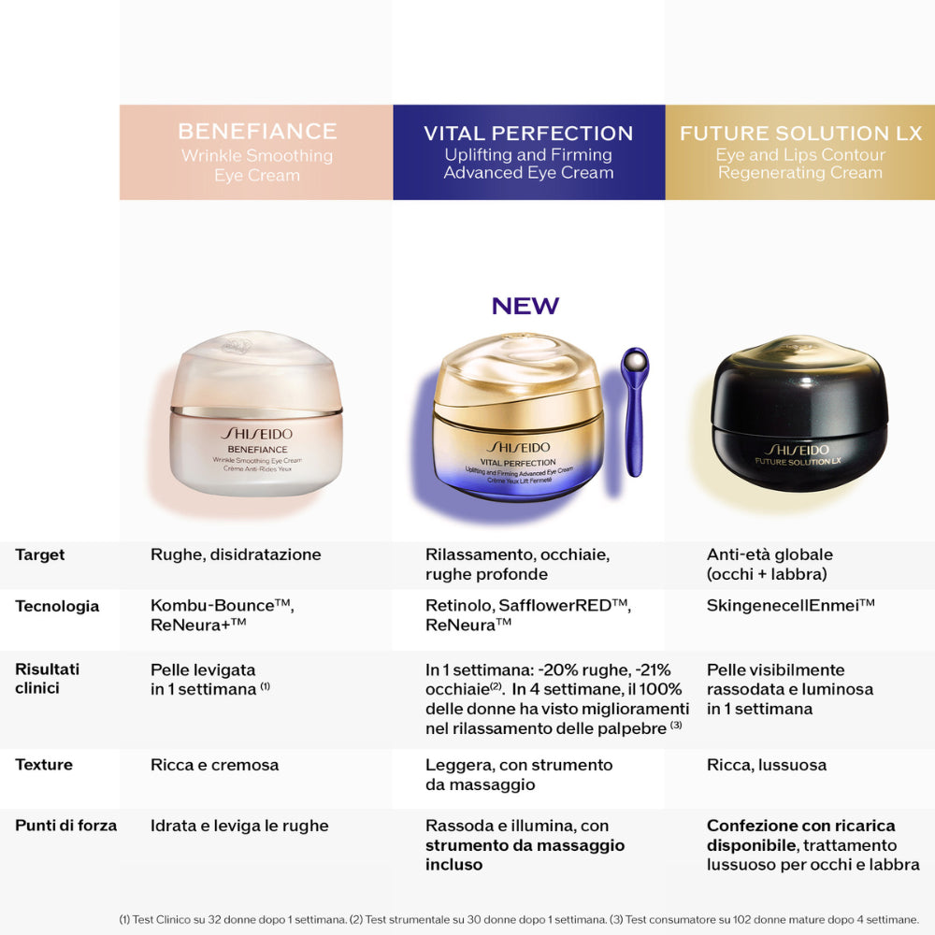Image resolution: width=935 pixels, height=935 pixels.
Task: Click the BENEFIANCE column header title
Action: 257,131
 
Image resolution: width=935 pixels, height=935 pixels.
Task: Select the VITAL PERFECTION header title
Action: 528,133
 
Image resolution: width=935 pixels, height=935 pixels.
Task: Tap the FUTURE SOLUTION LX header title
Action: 800,133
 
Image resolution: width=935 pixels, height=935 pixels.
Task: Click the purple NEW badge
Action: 525,306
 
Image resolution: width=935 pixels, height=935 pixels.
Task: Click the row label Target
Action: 40,554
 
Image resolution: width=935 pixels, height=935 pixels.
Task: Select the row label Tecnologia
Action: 57,606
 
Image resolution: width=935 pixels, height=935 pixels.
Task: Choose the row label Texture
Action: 44,765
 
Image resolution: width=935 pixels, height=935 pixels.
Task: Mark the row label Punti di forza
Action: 66,826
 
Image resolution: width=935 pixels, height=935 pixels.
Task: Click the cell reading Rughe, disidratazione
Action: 236,554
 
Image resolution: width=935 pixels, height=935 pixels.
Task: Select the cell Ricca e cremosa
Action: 215,765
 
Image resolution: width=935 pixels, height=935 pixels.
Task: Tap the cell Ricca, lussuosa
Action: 767,765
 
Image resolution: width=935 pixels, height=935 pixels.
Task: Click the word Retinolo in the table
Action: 457,606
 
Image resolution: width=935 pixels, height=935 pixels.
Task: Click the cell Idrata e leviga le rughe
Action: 239,826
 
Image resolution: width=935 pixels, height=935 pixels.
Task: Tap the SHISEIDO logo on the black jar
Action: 798,447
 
